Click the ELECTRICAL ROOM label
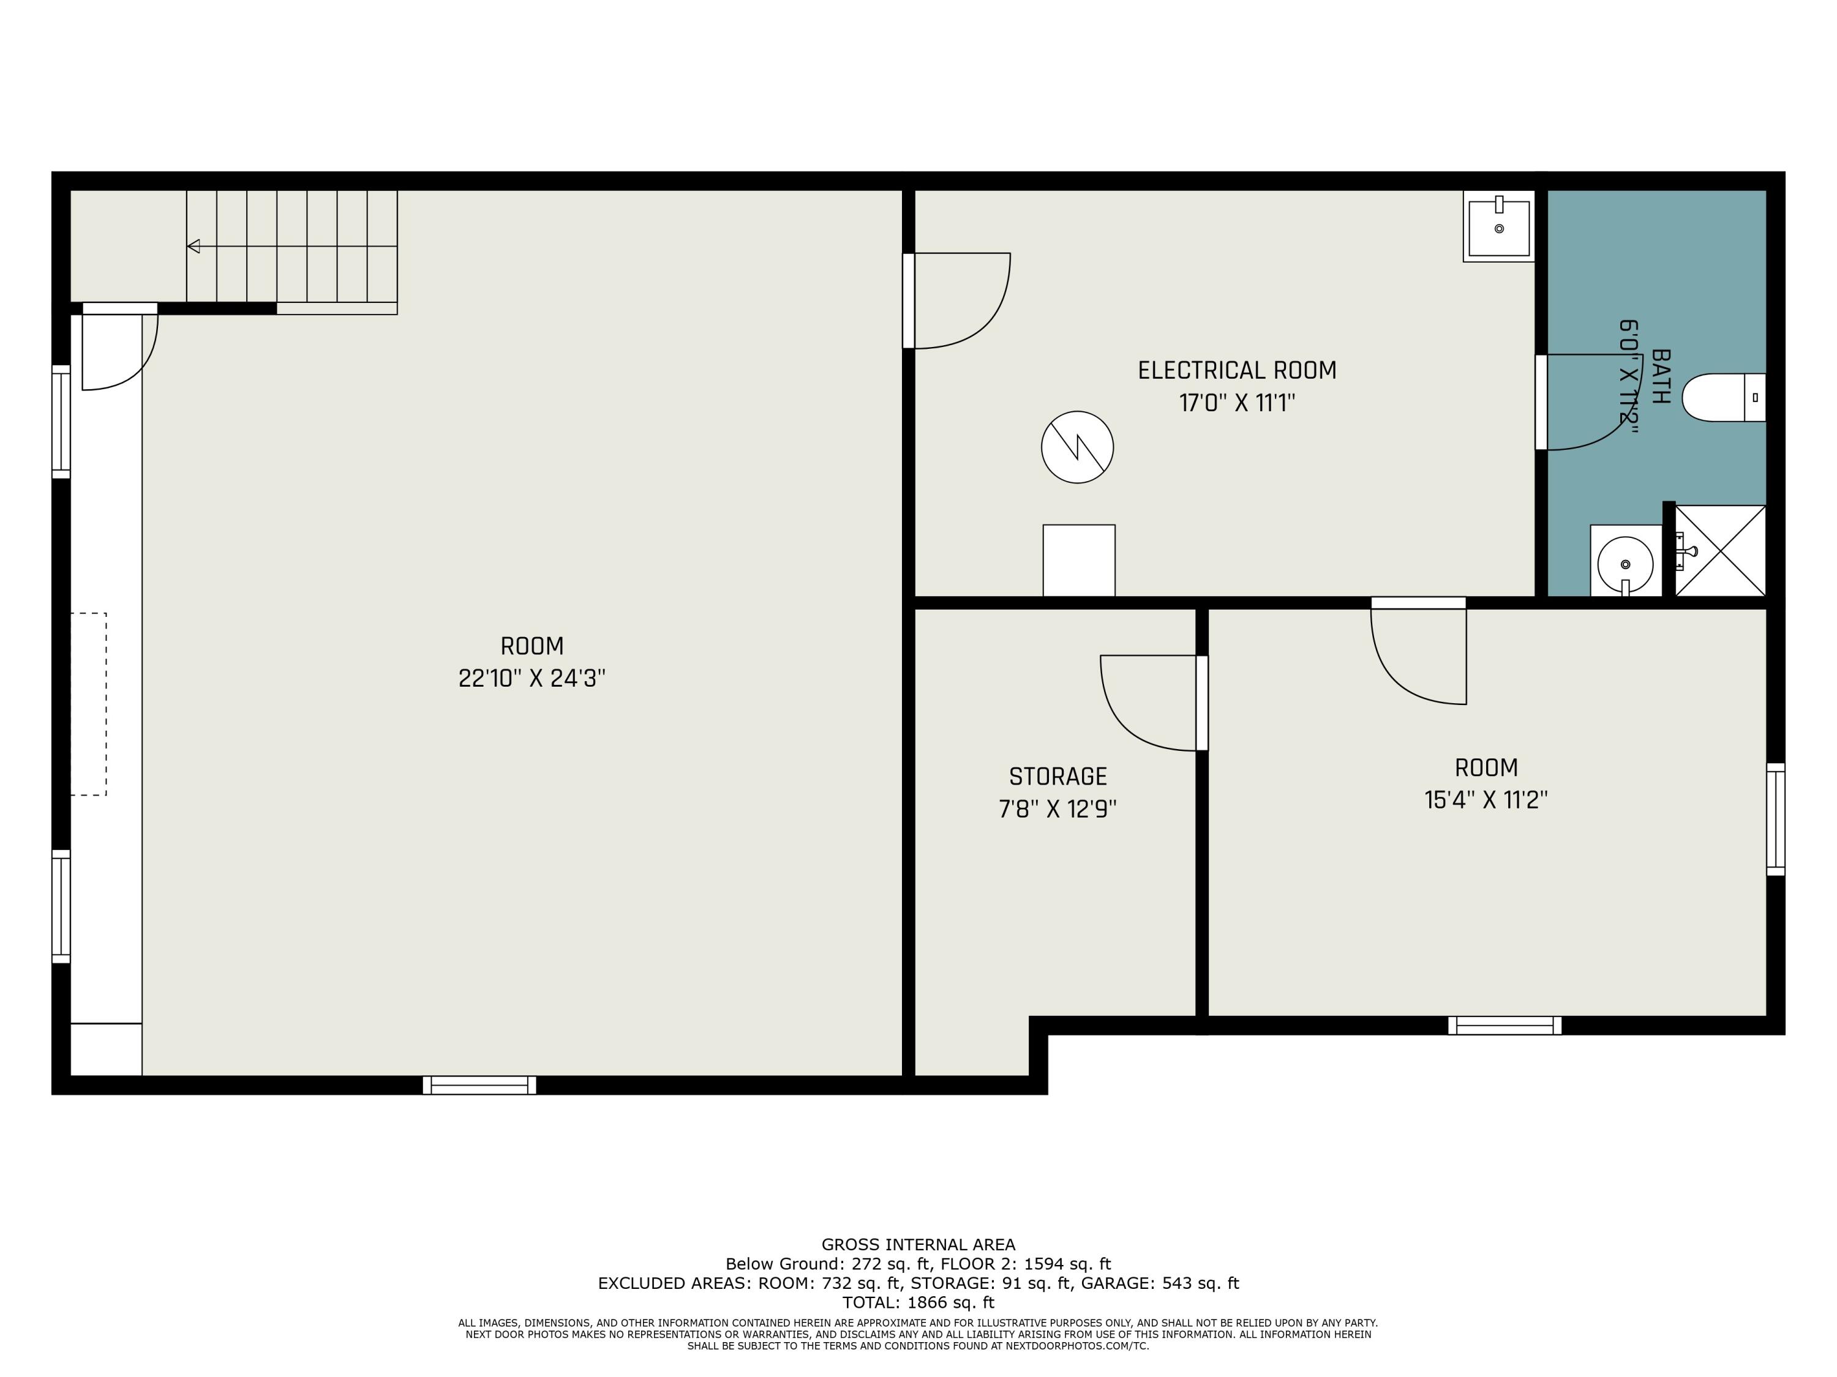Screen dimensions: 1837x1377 coord(1236,370)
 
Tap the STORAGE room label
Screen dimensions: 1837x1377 coord(1058,776)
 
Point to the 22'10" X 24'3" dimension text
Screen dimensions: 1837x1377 coord(532,678)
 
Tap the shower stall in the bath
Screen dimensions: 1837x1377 coord(1721,550)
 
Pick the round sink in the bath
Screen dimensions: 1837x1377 coord(1625,564)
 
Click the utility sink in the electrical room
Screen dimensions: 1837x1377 coord(1499,226)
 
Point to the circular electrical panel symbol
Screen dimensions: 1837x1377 coord(1077,447)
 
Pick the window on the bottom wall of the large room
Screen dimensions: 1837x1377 coord(479,1085)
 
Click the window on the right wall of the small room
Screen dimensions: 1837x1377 coord(1776,819)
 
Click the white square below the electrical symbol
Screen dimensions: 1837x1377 coord(1079,560)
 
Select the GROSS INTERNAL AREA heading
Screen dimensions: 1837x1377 coord(918,1244)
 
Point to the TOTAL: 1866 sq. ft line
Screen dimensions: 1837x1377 coord(918,1302)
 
